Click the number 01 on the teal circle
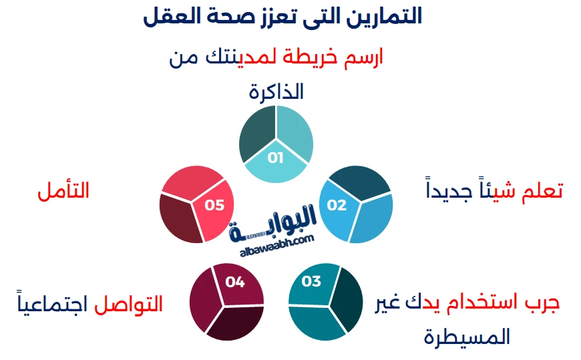[x=276, y=158]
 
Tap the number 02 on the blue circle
[x=337, y=205]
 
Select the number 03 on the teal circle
[x=312, y=281]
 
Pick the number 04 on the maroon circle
[x=234, y=282]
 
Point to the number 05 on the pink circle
[x=214, y=205]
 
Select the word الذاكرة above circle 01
[x=276, y=92]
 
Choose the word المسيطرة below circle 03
[x=467, y=336]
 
